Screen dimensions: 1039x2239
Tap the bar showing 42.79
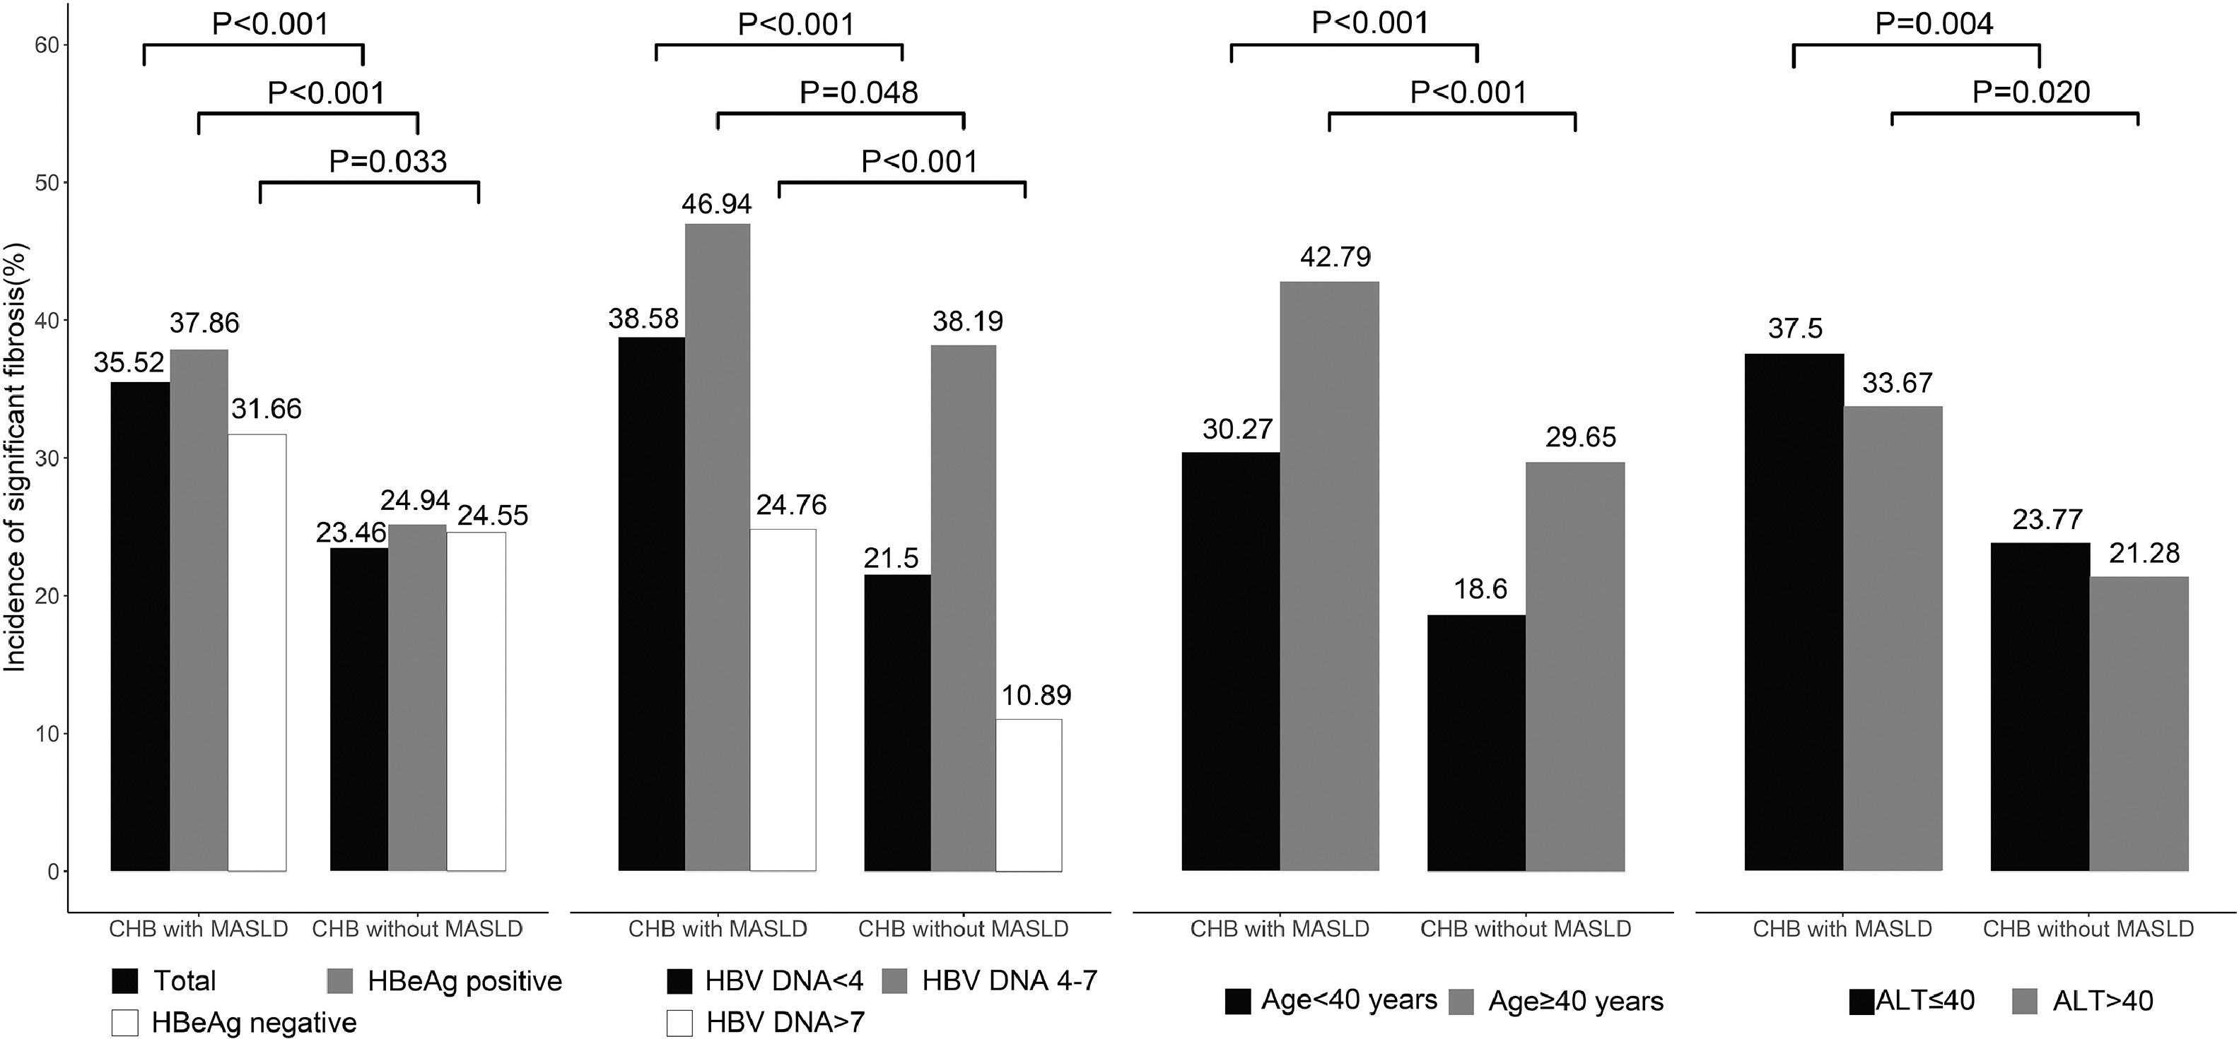click(x=1329, y=575)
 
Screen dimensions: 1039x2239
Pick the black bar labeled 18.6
click(x=1476, y=743)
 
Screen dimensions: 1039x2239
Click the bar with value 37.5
click(x=1794, y=612)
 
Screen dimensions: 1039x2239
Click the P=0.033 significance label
click(x=387, y=161)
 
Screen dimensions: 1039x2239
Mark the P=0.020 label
click(x=2030, y=92)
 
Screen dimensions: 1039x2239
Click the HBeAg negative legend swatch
click(x=125, y=1023)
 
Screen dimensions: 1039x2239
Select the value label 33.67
click(x=1897, y=382)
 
